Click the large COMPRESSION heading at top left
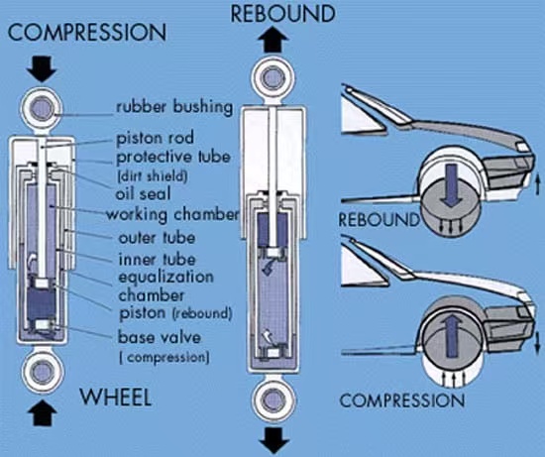pyautogui.click(x=87, y=33)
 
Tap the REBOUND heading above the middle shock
pyautogui.click(x=283, y=14)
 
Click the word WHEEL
pyautogui.click(x=116, y=397)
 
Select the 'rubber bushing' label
pyautogui.click(x=174, y=107)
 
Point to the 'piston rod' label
pyautogui.click(x=155, y=138)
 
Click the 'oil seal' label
pyautogui.click(x=144, y=193)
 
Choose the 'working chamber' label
pyautogui.click(x=172, y=214)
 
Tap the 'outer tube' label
pyautogui.click(x=157, y=238)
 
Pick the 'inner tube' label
pyautogui.click(x=158, y=260)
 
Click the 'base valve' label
pyautogui.click(x=160, y=337)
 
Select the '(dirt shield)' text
pyautogui.click(x=153, y=176)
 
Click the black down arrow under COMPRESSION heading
pyautogui.click(x=42, y=68)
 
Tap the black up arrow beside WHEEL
pyautogui.click(x=43, y=412)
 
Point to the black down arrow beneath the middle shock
pyautogui.click(x=274, y=440)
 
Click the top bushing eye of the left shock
pyautogui.click(x=42, y=109)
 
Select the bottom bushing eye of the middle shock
pyautogui.click(x=273, y=400)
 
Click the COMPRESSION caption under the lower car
pyautogui.click(x=401, y=400)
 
